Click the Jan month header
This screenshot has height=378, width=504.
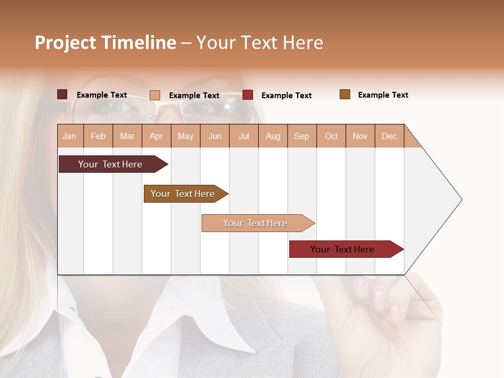coord(69,136)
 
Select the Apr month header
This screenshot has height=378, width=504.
coord(156,136)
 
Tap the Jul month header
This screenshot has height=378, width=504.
coord(244,136)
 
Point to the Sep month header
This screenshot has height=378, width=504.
coord(301,136)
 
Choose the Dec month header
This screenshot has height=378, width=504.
coord(389,136)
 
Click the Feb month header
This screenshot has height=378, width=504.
coord(98,136)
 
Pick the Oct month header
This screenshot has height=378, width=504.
coord(331,136)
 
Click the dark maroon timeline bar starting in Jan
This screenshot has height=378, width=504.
coord(110,164)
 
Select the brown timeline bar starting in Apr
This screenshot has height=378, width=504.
coord(183,194)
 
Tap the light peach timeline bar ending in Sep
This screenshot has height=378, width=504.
coord(255,223)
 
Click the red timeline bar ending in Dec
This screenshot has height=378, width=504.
coord(342,249)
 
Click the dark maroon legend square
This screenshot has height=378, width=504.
coord(62,94)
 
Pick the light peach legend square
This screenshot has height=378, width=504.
coord(155,95)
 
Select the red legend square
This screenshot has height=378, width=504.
coord(248,95)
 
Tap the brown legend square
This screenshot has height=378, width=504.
coord(345,94)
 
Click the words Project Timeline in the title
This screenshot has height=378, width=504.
coord(106,43)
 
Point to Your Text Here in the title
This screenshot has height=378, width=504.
coord(259,43)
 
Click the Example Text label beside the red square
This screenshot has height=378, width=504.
coord(287,96)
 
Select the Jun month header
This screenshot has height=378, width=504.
coord(215,136)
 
